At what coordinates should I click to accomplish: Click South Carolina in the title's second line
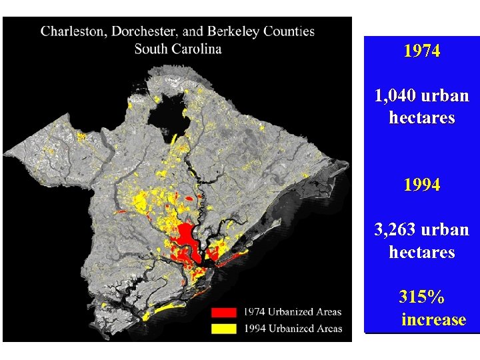178,49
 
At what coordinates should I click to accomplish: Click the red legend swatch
225,312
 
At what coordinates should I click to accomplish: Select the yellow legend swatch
225,328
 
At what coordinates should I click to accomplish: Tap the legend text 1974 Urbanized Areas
292,312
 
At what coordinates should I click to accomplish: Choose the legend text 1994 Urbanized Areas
292,328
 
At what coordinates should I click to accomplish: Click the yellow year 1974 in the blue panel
422,51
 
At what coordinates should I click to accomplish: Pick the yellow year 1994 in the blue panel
422,185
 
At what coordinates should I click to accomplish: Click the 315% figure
422,297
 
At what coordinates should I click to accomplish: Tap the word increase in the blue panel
433,319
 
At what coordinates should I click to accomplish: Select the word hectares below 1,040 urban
422,119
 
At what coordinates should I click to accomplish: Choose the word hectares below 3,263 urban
422,253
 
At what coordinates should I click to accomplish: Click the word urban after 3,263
446,230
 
